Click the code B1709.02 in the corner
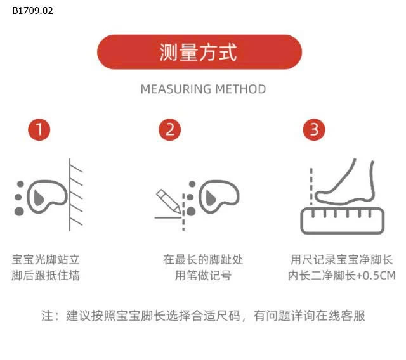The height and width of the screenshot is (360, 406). [x=32, y=10]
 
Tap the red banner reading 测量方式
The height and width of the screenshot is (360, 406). [x=199, y=52]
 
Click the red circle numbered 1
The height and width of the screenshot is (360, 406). [x=39, y=130]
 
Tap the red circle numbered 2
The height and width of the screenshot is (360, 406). [x=169, y=130]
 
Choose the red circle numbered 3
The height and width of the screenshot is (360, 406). [x=314, y=130]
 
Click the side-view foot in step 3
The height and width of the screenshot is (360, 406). [x=348, y=179]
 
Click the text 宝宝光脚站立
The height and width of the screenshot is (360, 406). [x=46, y=259]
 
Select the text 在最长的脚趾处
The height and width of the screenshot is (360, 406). [x=203, y=259]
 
